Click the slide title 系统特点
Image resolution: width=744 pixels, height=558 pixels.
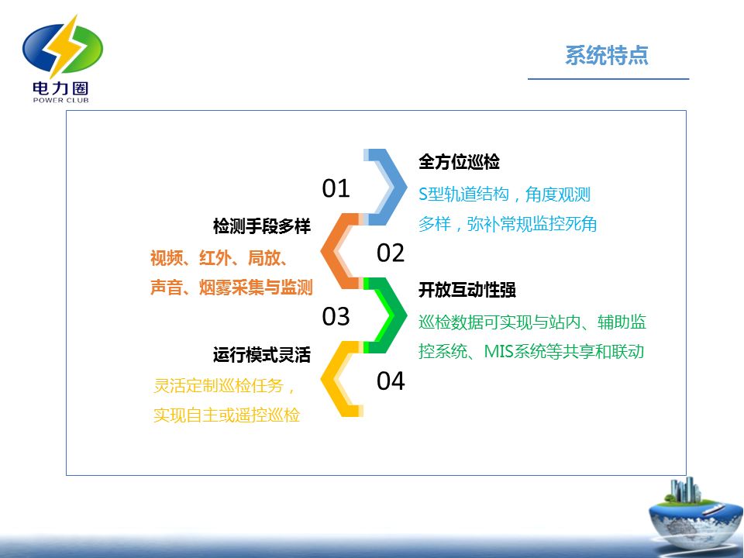(606, 55)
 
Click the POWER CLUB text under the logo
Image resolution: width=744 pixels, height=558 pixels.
(60, 100)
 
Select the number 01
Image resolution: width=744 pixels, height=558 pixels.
(336, 188)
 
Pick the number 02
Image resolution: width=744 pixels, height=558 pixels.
(391, 253)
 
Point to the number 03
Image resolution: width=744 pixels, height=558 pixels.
(336, 316)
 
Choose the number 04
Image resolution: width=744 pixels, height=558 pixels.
(391, 381)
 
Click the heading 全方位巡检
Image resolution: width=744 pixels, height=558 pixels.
(459, 162)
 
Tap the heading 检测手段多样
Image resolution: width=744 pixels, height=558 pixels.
(262, 226)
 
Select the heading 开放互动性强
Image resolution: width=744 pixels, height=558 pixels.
(467, 290)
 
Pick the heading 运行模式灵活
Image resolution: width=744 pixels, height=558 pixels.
(262, 354)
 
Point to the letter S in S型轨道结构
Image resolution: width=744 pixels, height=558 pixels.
(423, 195)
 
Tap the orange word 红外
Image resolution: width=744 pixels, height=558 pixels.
(215, 258)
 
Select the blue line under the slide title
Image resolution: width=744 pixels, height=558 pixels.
(608, 79)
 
